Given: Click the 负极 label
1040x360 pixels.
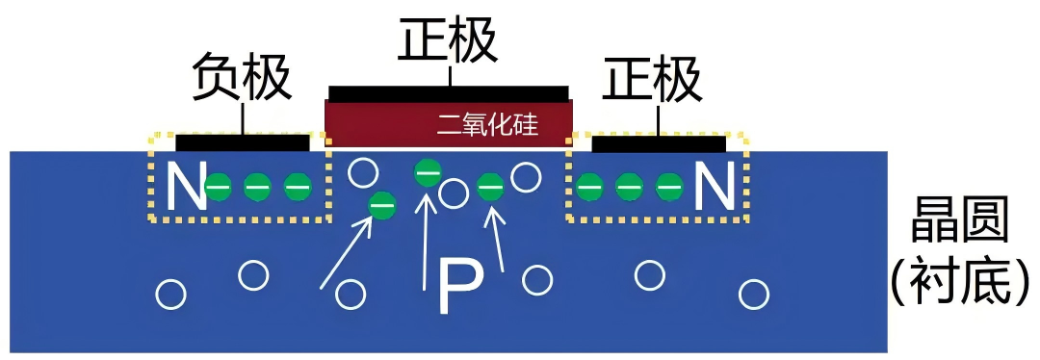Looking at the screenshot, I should pyautogui.click(x=242, y=78).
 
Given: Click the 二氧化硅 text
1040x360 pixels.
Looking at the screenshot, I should pyautogui.click(x=486, y=124).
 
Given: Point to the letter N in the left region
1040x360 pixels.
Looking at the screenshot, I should pyautogui.click(x=186, y=187).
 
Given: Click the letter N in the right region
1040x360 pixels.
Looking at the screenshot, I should pyautogui.click(x=714, y=187).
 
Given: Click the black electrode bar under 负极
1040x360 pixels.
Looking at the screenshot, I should pyautogui.click(x=242, y=143).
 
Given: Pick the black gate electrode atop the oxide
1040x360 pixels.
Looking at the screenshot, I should pyautogui.click(x=448, y=92).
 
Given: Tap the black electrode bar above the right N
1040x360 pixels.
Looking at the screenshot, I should pyautogui.click(x=659, y=144).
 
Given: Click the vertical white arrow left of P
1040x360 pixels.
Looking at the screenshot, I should pyautogui.click(x=427, y=241).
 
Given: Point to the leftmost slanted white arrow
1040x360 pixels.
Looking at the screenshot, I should pyautogui.click(x=346, y=253).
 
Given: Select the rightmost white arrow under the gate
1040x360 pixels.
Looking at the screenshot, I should pyautogui.click(x=497, y=240).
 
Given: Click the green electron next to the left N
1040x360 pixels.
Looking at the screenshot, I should pyautogui.click(x=221, y=186).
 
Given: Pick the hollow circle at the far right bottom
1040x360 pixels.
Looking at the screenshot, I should pyautogui.click(x=754, y=292).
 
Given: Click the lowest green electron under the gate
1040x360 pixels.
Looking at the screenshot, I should pyautogui.click(x=383, y=204).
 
